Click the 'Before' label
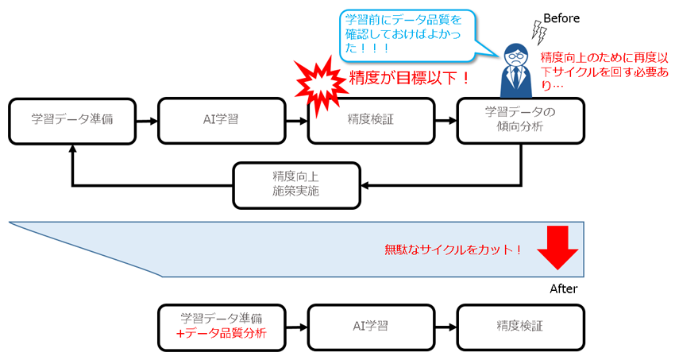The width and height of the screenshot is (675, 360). pyautogui.click(x=562, y=17)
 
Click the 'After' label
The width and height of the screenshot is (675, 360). pyautogui.click(x=563, y=288)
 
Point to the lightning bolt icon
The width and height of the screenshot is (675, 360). pyautogui.click(x=539, y=33)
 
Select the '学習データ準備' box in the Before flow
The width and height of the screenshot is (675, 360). pyautogui.click(x=72, y=121)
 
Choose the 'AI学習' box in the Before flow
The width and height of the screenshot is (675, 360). pyautogui.click(x=221, y=121)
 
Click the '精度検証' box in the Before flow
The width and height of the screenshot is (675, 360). pyautogui.click(x=371, y=121)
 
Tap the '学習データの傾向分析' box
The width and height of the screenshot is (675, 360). pyautogui.click(x=520, y=120)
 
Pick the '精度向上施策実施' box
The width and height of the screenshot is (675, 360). pyautogui.click(x=296, y=184)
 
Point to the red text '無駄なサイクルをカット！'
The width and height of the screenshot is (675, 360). pyautogui.click(x=453, y=250)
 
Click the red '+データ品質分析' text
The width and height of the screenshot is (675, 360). pyautogui.click(x=220, y=334)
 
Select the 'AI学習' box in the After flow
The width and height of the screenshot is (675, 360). pyautogui.click(x=371, y=327)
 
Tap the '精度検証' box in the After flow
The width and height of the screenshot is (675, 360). pyautogui.click(x=520, y=327)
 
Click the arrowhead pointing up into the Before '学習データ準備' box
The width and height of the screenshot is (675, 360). pyautogui.click(x=72, y=149)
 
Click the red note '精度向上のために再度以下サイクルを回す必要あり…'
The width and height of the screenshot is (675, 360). pyautogui.click(x=603, y=71)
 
